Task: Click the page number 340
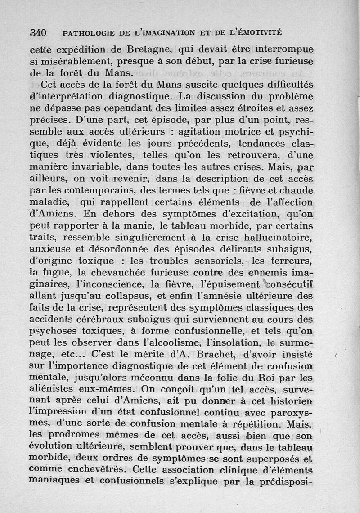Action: [x=38, y=33]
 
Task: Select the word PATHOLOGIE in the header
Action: [x=85, y=33]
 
